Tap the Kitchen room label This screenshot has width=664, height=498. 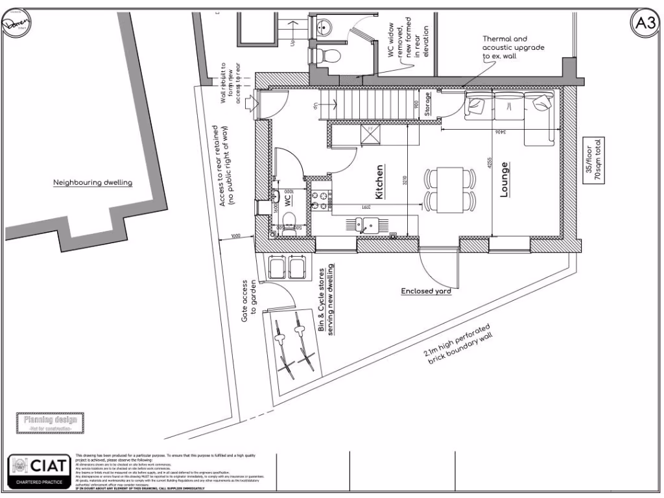[x=379, y=181]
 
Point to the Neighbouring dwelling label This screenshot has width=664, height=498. [x=92, y=183]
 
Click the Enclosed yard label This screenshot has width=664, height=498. [x=426, y=291]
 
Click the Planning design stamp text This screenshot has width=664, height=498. [x=51, y=420]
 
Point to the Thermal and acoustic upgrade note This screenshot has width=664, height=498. [x=513, y=47]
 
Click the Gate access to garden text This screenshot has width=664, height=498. [x=249, y=302]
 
